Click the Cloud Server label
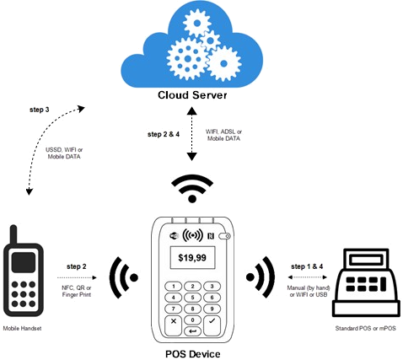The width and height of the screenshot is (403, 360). coord(192,95)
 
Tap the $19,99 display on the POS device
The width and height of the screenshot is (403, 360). coord(192,257)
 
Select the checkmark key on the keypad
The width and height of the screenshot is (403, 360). coord(212,325)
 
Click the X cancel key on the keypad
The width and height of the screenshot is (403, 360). coord(174,325)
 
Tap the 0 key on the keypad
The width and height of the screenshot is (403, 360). coord(192,320)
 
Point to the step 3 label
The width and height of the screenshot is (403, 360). coord(40,110)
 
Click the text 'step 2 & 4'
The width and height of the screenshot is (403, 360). coord(164,134)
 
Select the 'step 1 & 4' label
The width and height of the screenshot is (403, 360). coord(307,266)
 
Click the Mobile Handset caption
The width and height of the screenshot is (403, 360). coord(22,328)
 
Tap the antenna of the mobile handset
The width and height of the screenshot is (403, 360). coord(13,235)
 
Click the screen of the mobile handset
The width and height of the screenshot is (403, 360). coord(24,262)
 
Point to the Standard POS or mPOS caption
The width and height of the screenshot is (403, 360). coord(365,328)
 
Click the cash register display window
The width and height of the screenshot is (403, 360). coord(367,260)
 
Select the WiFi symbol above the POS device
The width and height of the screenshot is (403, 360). coord(192,188)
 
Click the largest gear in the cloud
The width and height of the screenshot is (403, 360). coord(187,59)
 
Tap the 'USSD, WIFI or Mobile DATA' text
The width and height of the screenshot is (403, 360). coord(64,153)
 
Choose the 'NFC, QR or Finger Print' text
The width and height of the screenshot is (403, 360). coord(77,291)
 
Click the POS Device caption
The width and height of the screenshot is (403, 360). coord(192,354)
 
